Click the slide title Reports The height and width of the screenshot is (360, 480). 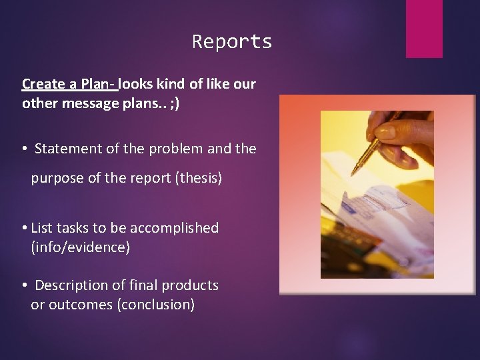coord(232,42)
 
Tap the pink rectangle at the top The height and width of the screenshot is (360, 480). coord(424,28)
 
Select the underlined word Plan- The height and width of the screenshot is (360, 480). coord(99,85)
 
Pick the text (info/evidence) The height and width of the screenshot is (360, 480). coord(81,247)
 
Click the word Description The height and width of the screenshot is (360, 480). coord(71,285)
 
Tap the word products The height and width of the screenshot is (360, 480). coord(190,285)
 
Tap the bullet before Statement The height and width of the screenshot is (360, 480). coord(24,149)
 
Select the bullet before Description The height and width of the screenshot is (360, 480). coord(24,286)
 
